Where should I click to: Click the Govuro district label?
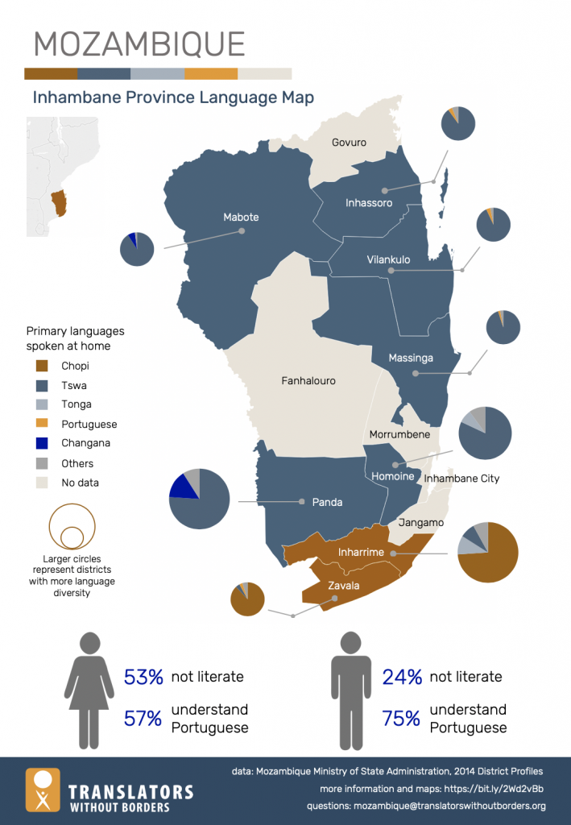(349, 143)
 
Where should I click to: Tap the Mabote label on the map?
(241, 218)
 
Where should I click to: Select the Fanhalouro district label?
(308, 380)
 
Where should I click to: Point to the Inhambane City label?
(461, 479)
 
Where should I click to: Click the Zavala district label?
(343, 586)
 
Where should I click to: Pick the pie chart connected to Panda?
(200, 499)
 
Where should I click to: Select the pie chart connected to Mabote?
(137, 249)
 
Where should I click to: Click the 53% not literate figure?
(143, 677)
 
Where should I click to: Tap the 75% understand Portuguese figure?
(402, 719)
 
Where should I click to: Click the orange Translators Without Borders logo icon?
(43, 790)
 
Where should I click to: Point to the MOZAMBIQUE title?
(139, 44)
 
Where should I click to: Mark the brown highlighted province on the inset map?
(59, 203)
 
